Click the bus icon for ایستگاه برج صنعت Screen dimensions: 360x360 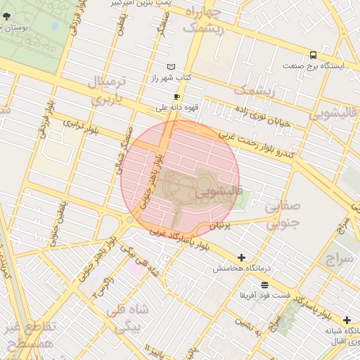coord(313,55)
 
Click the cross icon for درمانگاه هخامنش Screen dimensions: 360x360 coord(242,258)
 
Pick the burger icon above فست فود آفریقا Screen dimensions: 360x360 coord(264,285)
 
